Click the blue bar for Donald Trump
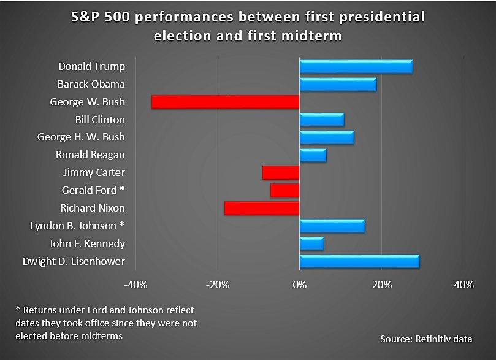coord(356,66)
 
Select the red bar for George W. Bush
coord(225,102)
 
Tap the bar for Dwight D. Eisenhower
coord(359,262)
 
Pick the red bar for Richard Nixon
coord(262,209)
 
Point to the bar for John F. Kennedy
coord(311,244)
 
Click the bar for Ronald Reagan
coord(313,155)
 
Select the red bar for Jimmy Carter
coord(281,173)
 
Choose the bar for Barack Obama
coord(338,84)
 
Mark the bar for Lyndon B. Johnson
coord(332,226)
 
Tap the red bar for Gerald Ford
coord(284,191)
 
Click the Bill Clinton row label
coord(100,120)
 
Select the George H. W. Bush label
coord(81,137)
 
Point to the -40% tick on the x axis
coord(135,285)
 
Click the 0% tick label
coord(299,285)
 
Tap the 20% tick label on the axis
coord(381,285)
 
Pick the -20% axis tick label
coord(217,285)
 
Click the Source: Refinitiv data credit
coord(429,339)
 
